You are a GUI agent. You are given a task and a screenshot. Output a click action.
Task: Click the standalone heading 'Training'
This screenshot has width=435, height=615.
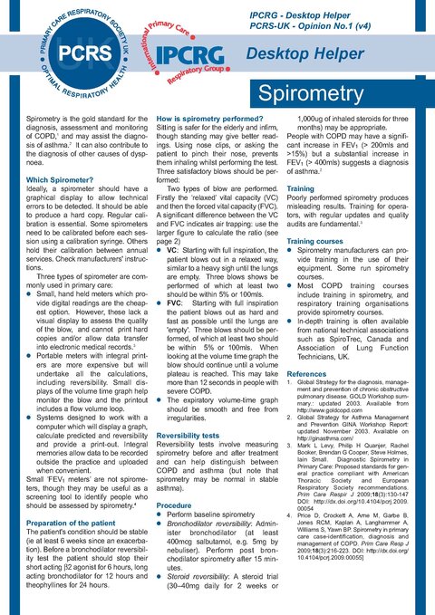[x=301, y=189]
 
